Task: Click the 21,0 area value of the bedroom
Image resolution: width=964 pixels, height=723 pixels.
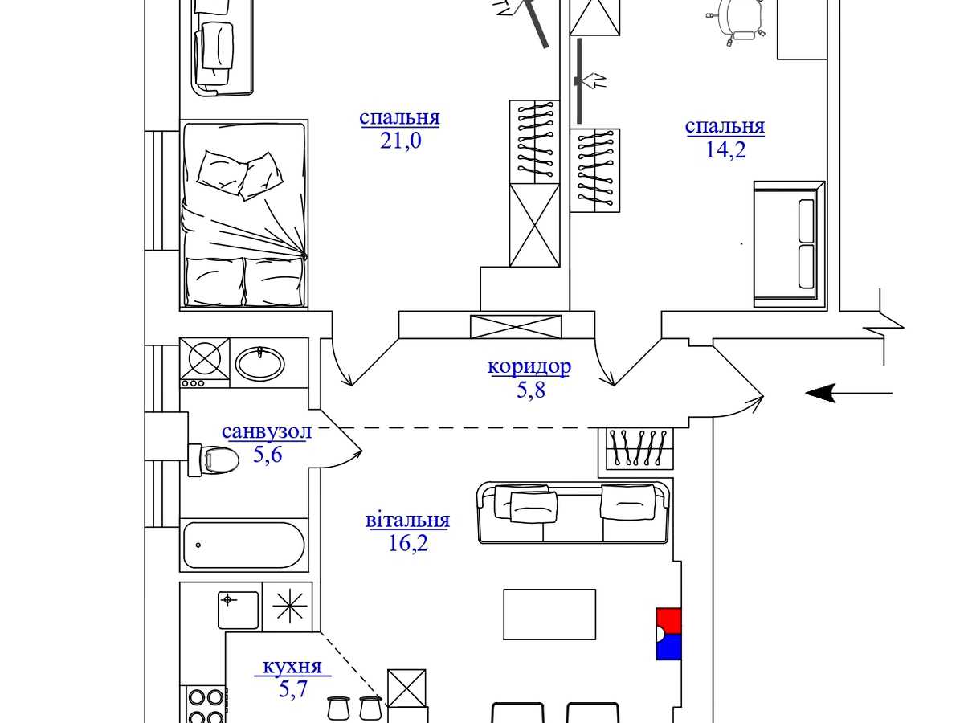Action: point(401,141)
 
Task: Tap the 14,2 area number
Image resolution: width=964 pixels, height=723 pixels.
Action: point(725,149)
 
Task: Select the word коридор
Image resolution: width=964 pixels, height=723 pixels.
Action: point(529,366)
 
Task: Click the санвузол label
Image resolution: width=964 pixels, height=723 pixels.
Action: point(267,431)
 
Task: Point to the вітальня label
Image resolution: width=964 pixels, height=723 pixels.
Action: point(407,521)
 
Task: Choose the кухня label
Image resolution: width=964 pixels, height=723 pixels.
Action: point(292,666)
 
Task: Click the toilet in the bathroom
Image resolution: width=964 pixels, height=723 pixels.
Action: point(214,460)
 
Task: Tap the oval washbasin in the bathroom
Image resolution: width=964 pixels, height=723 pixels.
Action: point(260,364)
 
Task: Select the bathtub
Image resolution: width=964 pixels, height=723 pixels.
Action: point(243,545)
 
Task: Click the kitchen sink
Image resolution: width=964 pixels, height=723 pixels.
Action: point(239,611)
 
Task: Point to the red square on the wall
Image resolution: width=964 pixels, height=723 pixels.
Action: point(668,621)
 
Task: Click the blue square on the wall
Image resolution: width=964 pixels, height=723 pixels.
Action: point(668,647)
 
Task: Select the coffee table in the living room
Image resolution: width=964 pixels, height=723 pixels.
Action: point(549,614)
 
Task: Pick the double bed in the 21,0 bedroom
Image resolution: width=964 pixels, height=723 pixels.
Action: point(243,214)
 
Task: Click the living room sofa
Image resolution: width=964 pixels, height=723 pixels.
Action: point(574,513)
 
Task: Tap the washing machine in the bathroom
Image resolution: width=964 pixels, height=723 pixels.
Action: point(205,362)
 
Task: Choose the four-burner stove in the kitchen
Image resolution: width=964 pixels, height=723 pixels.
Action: point(206,705)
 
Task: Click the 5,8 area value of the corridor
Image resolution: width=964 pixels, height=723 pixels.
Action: point(530,390)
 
